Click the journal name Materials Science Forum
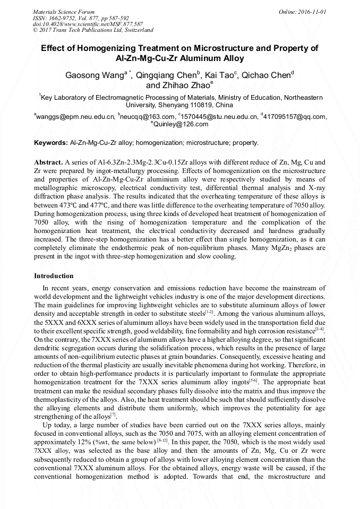click(x=64, y=12)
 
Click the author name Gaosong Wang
click(x=95, y=75)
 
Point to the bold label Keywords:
click(x=50, y=143)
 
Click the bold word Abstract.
click(x=48, y=161)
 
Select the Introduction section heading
click(x=54, y=276)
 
